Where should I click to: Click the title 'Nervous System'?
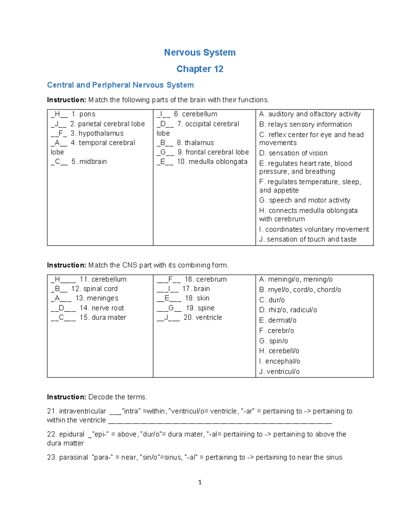[x=200, y=52]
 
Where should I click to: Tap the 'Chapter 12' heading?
[x=200, y=69]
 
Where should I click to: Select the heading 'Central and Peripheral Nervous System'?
[x=120, y=85]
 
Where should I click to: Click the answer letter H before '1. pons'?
[x=57, y=114]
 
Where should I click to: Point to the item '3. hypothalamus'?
[x=97, y=133]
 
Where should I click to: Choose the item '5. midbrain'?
[x=89, y=162]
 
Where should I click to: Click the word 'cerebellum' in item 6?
[x=199, y=114]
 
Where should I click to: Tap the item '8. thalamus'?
[x=195, y=143]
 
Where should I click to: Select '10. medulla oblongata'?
[x=212, y=162]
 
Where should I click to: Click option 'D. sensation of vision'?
[x=293, y=153]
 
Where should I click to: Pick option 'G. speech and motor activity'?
[x=305, y=200]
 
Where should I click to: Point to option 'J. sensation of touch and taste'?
[x=308, y=239]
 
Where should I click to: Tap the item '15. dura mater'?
[x=103, y=318]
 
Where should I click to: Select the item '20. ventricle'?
[x=202, y=318]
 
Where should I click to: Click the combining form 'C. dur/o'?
[x=272, y=300]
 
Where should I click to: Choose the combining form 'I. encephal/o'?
[x=280, y=361]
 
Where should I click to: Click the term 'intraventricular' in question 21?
[x=82, y=411]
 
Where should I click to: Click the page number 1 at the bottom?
[x=200, y=482]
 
